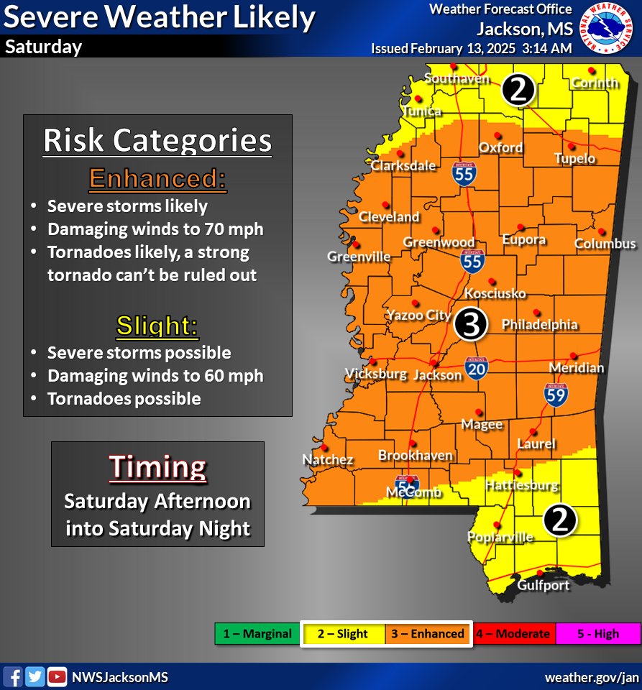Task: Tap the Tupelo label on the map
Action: (574, 158)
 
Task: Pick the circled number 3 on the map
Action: (471, 325)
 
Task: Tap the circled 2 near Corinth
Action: (518, 90)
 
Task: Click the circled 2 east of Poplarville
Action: (560, 520)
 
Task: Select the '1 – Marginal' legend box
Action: (257, 634)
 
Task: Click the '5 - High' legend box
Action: (597, 634)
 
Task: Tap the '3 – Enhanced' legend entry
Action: (428, 634)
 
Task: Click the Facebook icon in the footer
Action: (14, 676)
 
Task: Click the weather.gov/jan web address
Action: (591, 677)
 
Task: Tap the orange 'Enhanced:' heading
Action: (157, 179)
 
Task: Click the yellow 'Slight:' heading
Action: (157, 326)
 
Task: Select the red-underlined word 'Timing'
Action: (157, 467)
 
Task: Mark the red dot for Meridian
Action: (574, 355)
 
